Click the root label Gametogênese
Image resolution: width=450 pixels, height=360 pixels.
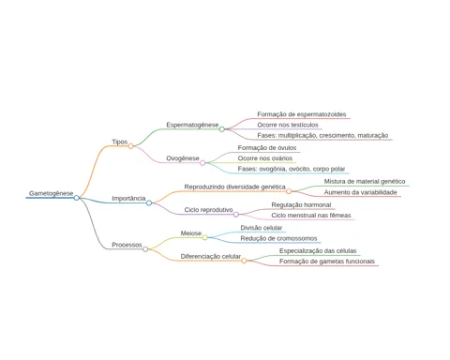click(51, 193)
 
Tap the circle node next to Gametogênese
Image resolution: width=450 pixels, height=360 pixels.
click(77, 198)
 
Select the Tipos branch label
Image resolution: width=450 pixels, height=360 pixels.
click(120, 142)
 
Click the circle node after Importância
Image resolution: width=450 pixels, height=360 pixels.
click(149, 203)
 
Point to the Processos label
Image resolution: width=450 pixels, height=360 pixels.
click(127, 245)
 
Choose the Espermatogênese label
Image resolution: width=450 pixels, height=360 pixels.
click(192, 125)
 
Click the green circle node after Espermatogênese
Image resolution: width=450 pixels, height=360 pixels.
click(222, 129)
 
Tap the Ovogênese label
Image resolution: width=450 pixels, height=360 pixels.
click(183, 158)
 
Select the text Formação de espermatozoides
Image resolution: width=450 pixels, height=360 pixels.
click(302, 114)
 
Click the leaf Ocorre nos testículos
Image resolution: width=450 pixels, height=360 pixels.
click(288, 125)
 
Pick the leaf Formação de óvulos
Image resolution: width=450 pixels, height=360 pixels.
click(267, 148)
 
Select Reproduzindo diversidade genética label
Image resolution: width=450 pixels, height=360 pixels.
click(234, 187)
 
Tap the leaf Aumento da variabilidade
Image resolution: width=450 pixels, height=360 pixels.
click(360, 192)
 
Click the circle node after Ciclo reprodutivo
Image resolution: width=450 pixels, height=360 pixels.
click(236, 215)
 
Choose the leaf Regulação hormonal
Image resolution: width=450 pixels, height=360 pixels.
click(301, 205)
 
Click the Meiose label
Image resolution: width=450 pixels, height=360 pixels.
click(191, 233)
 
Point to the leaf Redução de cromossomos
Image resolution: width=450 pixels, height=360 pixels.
click(278, 238)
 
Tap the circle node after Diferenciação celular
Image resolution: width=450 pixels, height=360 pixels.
click(244, 261)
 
